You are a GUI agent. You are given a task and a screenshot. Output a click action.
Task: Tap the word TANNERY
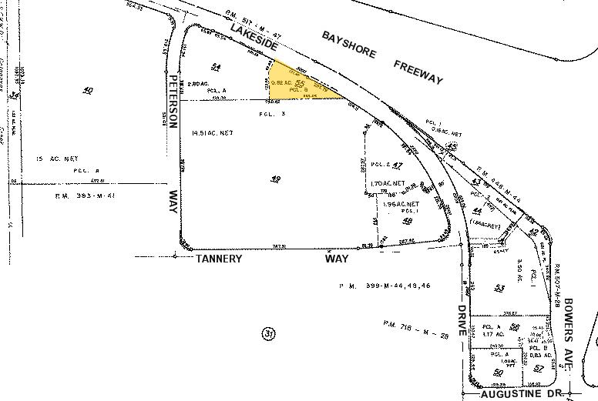tap(219, 259)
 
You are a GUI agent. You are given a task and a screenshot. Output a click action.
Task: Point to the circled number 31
tap(267, 334)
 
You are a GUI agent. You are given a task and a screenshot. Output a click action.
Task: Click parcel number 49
tap(275, 179)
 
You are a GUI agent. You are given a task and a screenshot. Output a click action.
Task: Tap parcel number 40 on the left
tap(87, 91)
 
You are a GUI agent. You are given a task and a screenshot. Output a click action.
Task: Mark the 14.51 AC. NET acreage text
tap(212, 133)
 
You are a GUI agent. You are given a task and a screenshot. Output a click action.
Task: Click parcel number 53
tap(499, 288)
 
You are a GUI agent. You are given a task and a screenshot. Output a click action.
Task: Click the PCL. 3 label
tap(271, 114)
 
